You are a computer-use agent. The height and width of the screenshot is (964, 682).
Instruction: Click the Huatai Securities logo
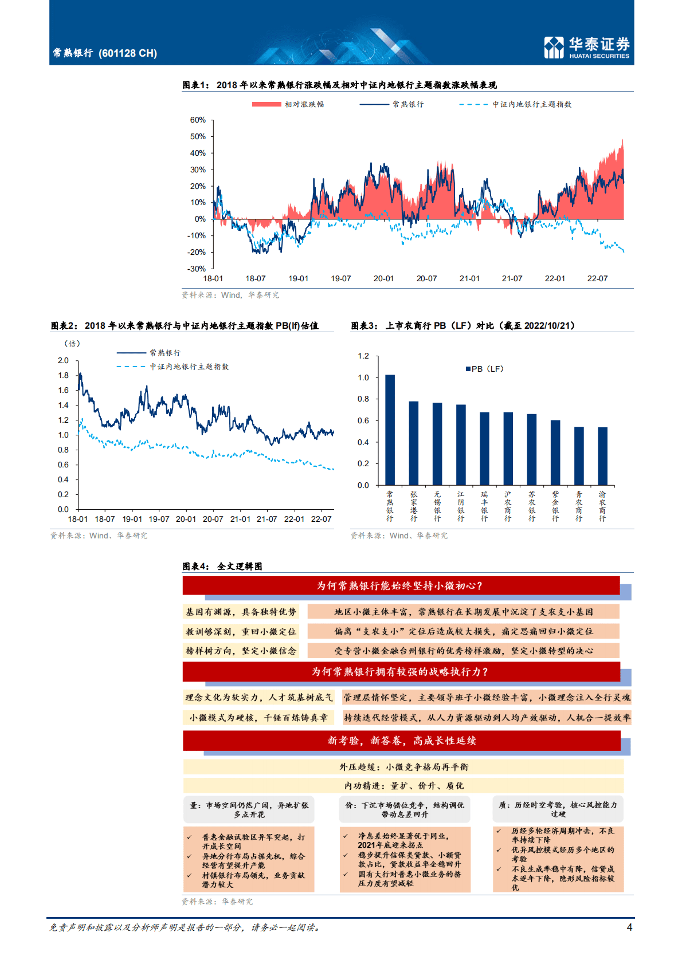[586, 48]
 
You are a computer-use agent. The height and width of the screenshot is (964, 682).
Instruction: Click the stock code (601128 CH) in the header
[128, 53]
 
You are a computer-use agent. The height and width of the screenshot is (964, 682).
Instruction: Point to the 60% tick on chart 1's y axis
[198, 120]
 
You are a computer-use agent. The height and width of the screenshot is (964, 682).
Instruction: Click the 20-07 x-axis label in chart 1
[426, 279]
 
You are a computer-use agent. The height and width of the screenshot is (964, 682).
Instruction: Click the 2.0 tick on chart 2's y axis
[63, 361]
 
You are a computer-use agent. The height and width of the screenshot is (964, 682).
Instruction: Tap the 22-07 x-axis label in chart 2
[321, 520]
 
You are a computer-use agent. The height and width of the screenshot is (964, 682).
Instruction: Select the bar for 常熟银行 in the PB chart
[390, 430]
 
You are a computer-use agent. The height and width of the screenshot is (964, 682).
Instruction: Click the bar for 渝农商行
[602, 456]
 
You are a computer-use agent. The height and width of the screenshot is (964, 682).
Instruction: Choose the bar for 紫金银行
[555, 453]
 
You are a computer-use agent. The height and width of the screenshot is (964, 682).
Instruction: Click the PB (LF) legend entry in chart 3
[485, 369]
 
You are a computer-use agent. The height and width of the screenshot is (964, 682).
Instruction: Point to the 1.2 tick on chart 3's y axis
[363, 356]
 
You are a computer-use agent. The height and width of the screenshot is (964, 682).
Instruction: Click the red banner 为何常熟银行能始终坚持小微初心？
[401, 586]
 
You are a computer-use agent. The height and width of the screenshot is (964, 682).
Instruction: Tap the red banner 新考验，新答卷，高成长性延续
[401, 741]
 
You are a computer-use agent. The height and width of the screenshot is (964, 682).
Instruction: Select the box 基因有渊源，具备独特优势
[241, 612]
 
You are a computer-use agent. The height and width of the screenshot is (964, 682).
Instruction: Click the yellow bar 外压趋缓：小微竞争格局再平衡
[403, 767]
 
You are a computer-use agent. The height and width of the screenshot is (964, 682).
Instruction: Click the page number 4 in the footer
[629, 927]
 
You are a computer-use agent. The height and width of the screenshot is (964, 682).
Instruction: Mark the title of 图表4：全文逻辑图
[222, 566]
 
